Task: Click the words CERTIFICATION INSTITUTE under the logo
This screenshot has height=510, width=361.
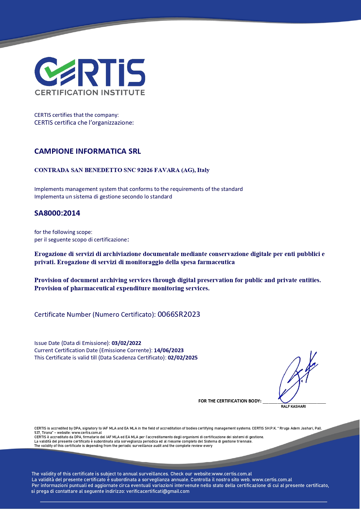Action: pyautogui.click(x=90, y=93)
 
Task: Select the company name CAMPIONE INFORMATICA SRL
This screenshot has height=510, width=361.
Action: pyautogui.click(x=88, y=151)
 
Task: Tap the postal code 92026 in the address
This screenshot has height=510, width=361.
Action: pyautogui.click(x=145, y=170)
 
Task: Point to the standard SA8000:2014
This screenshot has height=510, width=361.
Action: pyautogui.click(x=57, y=213)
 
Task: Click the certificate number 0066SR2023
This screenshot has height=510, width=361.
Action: pyautogui.click(x=179, y=314)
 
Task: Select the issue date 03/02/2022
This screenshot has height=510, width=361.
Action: pyautogui.click(x=126, y=343)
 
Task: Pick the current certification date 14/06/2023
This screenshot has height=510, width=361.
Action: pyautogui.click(x=169, y=350)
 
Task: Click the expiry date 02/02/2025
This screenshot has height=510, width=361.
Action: pyautogui.click(x=183, y=358)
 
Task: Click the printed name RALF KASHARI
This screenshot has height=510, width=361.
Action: pyautogui.click(x=293, y=407)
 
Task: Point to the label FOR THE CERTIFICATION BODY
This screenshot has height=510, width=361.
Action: pyautogui.click(x=230, y=401)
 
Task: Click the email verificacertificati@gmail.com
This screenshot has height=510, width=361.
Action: pyautogui.click(x=158, y=491)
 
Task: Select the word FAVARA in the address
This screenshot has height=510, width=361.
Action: pyautogui.click(x=167, y=170)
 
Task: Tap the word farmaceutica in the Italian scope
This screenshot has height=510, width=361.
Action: pyautogui.click(x=216, y=262)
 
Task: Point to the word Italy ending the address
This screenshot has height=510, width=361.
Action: pyautogui.click(x=203, y=170)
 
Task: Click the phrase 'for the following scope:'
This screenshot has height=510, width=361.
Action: pyautogui.click(x=63, y=232)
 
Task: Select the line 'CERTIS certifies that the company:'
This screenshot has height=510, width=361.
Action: pyautogui.click(x=77, y=115)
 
